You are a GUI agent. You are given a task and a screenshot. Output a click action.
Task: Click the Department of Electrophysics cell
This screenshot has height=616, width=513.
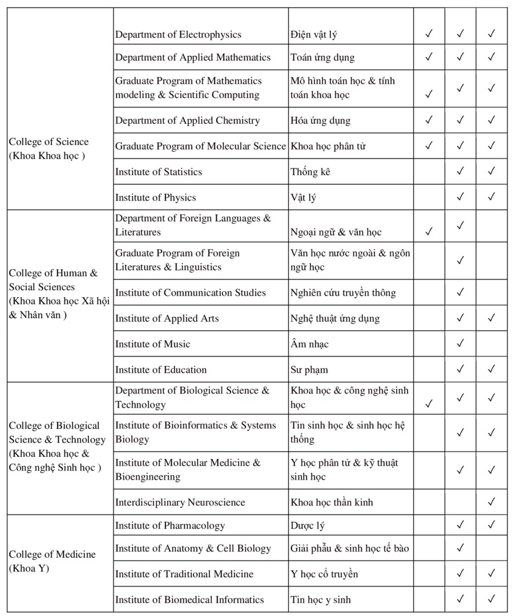coord(178,35)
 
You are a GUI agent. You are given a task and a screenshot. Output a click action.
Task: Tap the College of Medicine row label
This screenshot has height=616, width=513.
coord(52,561)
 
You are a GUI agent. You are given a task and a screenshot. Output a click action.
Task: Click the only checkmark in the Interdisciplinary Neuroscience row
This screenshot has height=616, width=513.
coord(491,502)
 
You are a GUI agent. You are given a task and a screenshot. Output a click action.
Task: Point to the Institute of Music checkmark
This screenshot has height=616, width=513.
coord(461,343)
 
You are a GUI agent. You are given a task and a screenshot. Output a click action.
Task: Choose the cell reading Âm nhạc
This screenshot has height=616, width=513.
coord(309,344)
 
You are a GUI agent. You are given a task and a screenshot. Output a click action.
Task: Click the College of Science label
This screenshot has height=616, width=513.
coord(49,149)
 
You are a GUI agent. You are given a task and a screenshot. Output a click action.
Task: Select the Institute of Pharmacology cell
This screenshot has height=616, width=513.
coord(170,525)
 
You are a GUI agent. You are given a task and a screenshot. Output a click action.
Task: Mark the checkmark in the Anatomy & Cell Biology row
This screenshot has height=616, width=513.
coord(461,548)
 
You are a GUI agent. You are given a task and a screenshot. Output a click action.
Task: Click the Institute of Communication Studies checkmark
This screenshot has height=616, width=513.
coord(461,292)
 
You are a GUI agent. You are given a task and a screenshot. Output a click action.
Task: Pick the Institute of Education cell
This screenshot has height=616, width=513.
coord(161,370)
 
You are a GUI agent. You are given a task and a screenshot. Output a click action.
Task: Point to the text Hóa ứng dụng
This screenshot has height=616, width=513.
coord(320,120)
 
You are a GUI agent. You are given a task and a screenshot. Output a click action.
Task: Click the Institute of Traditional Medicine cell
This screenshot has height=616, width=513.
coord(184,574)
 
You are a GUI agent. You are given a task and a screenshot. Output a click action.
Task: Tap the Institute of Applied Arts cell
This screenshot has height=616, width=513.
coord(167,318)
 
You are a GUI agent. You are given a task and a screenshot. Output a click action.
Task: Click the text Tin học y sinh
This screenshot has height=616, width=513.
coord(321,599)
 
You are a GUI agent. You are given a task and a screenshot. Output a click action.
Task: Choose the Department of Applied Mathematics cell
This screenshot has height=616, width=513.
coord(193,58)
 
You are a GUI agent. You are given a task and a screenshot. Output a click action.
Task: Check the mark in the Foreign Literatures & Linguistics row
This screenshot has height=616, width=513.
coord(461,260)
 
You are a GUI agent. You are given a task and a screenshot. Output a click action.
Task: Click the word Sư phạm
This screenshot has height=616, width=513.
coord(309,370)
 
